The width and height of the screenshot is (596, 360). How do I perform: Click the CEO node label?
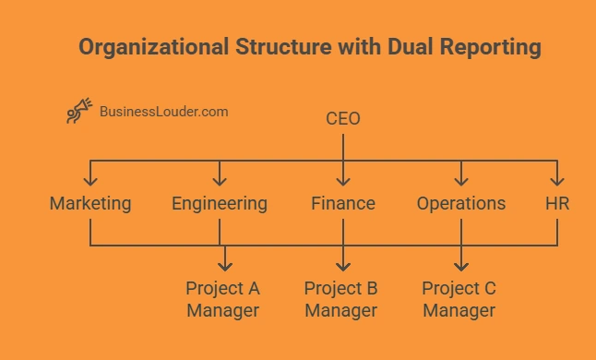point(343,119)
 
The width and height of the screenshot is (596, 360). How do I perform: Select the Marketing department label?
point(90,203)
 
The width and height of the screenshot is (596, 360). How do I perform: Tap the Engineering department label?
point(220,203)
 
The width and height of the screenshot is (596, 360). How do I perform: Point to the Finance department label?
point(343,203)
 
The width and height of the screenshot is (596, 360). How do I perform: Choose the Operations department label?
point(460,203)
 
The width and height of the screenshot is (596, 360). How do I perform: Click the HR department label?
point(556,203)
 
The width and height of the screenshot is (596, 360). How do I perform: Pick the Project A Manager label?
point(222,299)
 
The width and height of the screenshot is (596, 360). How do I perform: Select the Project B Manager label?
point(341,299)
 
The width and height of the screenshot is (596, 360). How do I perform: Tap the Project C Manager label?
point(459,299)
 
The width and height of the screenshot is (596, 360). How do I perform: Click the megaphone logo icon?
point(78,112)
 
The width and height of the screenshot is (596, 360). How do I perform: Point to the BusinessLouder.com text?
point(164,112)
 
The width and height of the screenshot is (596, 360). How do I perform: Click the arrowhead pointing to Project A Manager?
point(222,266)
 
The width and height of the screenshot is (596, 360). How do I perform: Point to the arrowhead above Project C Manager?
point(460,266)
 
